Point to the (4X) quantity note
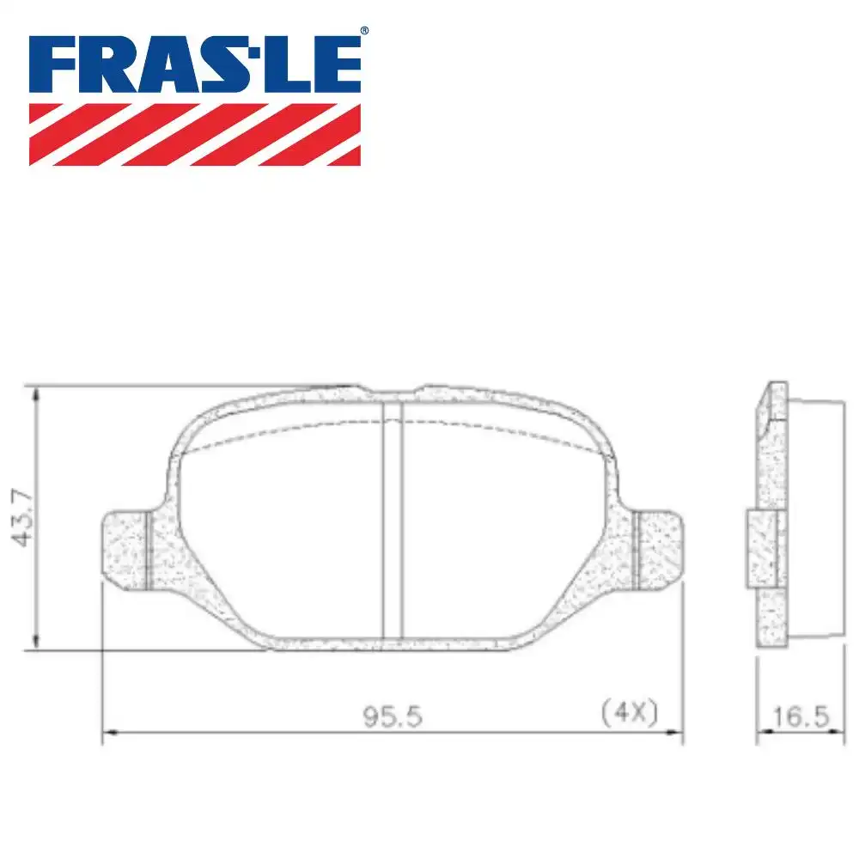coord(628,712)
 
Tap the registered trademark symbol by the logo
coord(363,32)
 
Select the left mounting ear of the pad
coord(127,551)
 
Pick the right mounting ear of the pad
coord(658,551)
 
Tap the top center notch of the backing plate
coord(392,392)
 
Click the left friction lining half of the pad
coord(283,533)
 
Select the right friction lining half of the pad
coord(507,533)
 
